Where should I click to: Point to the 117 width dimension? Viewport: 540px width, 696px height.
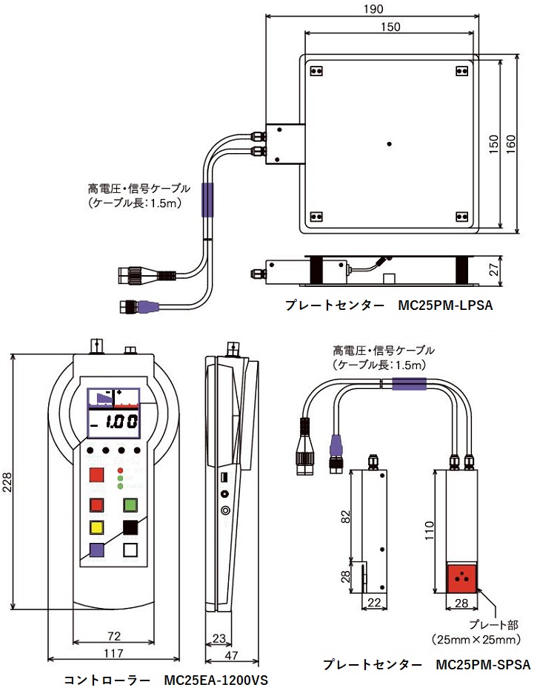pos(113,652)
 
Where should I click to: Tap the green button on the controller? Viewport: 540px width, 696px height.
pos(131,505)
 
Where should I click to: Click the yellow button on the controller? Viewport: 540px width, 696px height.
pos(96,527)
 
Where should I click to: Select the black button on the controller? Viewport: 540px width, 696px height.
pos(131,527)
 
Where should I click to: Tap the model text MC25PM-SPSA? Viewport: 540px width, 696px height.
pos(483,664)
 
